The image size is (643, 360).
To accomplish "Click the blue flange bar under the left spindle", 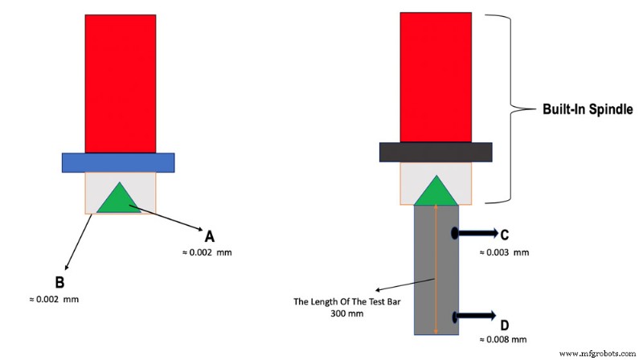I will pos(118,162).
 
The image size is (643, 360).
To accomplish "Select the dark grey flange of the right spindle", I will pos(436,152).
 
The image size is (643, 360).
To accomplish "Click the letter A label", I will pos(210,236).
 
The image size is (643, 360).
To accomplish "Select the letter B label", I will pos(59,283).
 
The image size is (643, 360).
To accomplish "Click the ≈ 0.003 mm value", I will pos(504,252).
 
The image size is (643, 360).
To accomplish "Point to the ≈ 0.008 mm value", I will pos(504,341).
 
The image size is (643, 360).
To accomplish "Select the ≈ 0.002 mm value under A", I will pos(208,253).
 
